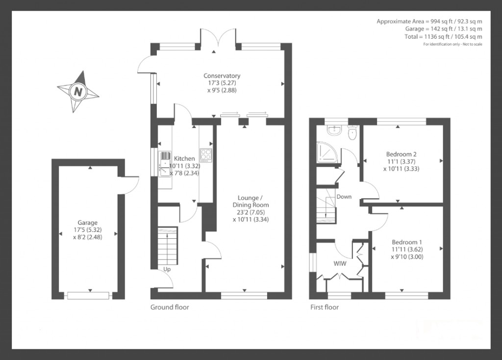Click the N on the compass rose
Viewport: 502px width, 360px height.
tap(78, 91)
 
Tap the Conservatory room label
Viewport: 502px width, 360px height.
tap(222, 76)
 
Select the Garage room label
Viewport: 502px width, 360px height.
tap(87, 222)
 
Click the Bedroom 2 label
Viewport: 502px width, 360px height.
tap(402, 154)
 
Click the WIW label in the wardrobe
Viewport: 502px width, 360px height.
tap(340, 263)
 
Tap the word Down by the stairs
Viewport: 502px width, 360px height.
tap(344, 197)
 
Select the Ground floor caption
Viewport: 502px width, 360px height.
tap(170, 308)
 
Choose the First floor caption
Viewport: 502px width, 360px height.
tap(325, 308)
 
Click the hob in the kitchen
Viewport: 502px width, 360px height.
tap(206, 154)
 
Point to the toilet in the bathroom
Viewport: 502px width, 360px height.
tap(352, 133)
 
